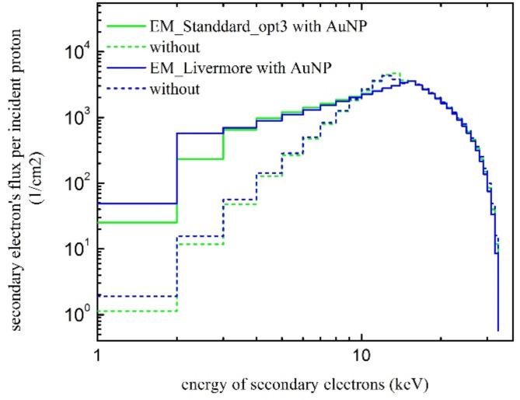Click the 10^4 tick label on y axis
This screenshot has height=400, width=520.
[75, 51]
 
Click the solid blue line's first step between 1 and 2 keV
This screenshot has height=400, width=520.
[137, 203]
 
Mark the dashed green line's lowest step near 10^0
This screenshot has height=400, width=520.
[137, 311]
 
